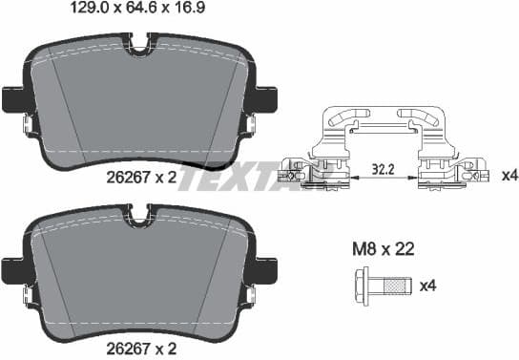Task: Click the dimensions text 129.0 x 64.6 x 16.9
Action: (142, 11)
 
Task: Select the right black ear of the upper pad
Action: (267, 99)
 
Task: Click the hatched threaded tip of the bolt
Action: (402, 286)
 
